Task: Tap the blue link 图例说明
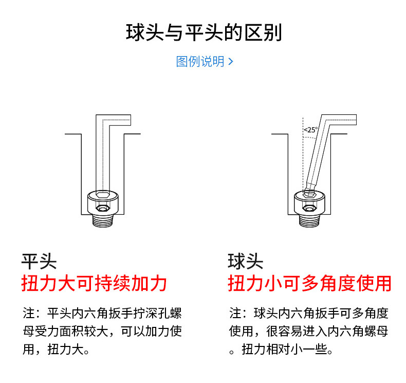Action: [200, 62]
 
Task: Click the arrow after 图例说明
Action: [231, 62]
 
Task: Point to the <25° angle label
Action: [310, 130]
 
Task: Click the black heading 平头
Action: [39, 261]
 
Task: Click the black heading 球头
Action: [245, 261]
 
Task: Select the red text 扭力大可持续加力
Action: [94, 283]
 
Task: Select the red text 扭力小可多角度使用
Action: [309, 283]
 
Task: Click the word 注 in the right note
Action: [234, 314]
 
